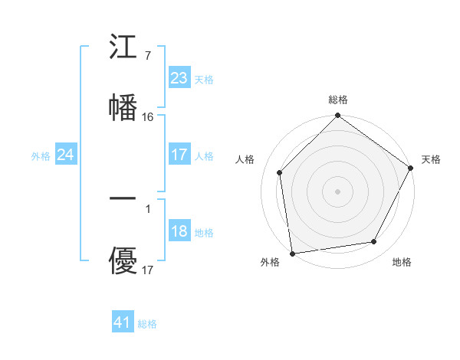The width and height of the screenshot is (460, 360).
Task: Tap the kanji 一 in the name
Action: point(123,198)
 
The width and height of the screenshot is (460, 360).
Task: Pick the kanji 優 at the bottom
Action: point(123,262)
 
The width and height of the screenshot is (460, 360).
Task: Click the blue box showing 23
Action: point(179,78)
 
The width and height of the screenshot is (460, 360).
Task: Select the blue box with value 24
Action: point(65,155)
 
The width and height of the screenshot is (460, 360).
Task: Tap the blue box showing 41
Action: point(123,322)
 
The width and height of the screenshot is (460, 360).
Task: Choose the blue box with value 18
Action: point(179,232)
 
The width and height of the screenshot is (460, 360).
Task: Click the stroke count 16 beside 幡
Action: point(148,117)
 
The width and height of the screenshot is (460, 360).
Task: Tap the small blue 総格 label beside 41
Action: point(147,324)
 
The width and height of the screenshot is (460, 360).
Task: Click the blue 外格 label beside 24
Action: point(41,156)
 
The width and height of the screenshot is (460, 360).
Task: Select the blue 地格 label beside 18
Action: point(204,233)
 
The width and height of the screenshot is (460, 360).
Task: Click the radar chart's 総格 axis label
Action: point(338,100)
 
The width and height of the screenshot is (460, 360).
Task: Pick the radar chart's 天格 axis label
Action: point(431,159)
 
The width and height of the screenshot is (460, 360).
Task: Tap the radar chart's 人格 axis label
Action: point(245,159)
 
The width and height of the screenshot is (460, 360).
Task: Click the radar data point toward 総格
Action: point(338,116)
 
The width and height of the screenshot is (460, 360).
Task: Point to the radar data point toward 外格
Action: point(292,253)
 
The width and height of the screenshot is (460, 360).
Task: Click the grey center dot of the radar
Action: point(338,191)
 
